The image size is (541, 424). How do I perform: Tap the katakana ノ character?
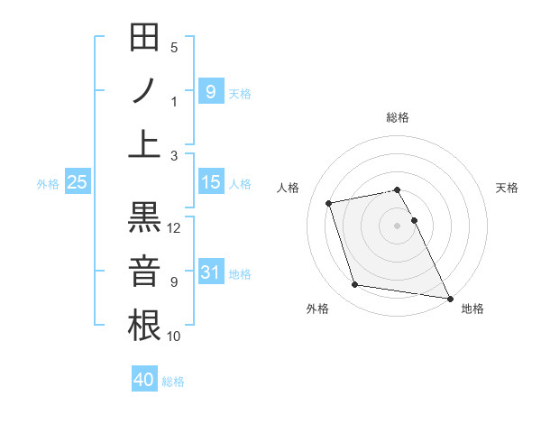[145, 90]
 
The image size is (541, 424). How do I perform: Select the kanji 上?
[145, 143]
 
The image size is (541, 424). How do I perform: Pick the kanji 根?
[145, 324]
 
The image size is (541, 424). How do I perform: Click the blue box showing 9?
[210, 91]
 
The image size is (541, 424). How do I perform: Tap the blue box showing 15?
[210, 182]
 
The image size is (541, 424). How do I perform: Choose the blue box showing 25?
[78, 182]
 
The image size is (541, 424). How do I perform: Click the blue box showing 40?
[144, 380]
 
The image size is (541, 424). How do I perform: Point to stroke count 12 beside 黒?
[175, 228]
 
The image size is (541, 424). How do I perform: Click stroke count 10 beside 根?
[174, 336]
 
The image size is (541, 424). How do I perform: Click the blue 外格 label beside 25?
[48, 184]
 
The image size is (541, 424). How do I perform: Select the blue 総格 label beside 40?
[173, 382]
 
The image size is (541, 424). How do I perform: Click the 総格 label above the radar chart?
[398, 117]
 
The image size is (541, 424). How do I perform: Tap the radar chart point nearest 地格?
[449, 298]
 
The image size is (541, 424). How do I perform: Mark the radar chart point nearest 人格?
[329, 202]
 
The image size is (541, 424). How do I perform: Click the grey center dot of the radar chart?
[398, 225]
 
